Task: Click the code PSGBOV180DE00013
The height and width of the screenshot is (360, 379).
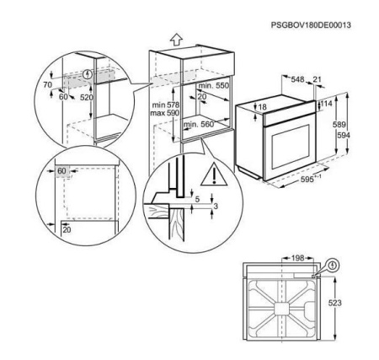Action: (x=311, y=25)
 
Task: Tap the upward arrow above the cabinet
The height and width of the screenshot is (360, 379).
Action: (x=176, y=40)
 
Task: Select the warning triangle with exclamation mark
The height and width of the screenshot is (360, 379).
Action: (x=214, y=175)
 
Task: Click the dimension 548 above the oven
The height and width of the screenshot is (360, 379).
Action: (x=297, y=80)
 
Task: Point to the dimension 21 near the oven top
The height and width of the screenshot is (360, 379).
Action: (x=317, y=80)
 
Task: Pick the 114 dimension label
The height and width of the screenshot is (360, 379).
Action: (x=327, y=104)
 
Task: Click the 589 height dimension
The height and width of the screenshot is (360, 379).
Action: (x=339, y=124)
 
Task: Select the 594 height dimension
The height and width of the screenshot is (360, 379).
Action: (x=344, y=136)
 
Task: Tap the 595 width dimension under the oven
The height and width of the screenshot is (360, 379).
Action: (x=307, y=180)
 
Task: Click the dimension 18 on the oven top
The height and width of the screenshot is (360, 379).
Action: (x=262, y=107)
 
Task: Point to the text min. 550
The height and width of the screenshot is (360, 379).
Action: (x=214, y=86)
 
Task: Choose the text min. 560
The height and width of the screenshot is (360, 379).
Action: (x=199, y=124)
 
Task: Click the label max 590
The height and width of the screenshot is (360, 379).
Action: (x=165, y=113)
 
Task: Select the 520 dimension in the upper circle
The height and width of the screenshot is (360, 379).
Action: (x=87, y=98)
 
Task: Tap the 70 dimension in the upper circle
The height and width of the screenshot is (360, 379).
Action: (x=48, y=84)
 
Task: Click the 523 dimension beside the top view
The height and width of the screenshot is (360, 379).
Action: (x=335, y=303)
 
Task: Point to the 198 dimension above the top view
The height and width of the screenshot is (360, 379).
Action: (x=298, y=258)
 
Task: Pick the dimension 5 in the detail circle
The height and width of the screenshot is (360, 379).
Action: (x=197, y=200)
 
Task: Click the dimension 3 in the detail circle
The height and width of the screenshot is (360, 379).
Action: (x=216, y=207)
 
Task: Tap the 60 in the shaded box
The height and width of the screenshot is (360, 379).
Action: (x=61, y=171)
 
